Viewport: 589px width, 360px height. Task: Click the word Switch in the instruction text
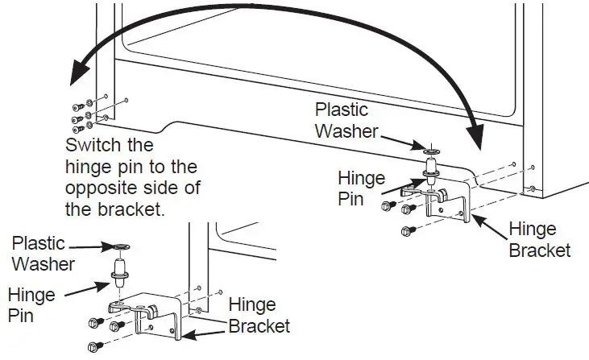[x=91, y=147]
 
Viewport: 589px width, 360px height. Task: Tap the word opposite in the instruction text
[x=98, y=187]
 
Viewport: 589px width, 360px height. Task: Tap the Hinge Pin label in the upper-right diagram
[x=361, y=188]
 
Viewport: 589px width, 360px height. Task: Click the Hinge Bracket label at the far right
[x=539, y=240]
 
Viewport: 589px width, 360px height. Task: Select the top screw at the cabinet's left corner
[x=78, y=106]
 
